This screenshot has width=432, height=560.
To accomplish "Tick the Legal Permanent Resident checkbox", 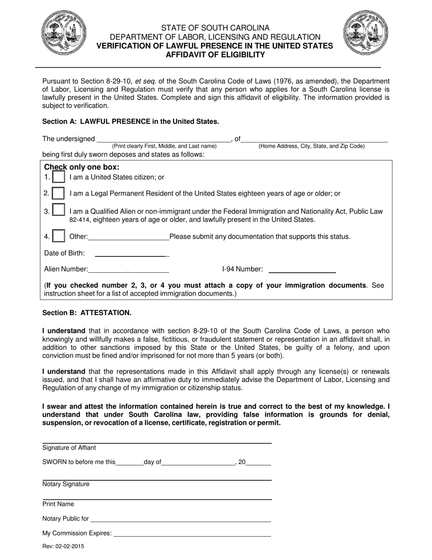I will click(58, 193).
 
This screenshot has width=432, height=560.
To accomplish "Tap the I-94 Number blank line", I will click(302, 271).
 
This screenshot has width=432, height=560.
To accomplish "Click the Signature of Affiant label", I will click(69, 448).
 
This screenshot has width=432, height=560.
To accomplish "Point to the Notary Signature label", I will click(66, 484).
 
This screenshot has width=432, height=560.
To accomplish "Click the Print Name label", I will click(58, 504).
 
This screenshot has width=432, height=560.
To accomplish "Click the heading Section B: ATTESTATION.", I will click(87, 313).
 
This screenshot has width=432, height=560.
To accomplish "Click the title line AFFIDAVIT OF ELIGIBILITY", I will click(215, 55).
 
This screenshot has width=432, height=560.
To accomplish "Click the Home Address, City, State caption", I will click(311, 146).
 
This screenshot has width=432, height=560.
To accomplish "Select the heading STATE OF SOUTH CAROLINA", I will click(215, 28).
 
